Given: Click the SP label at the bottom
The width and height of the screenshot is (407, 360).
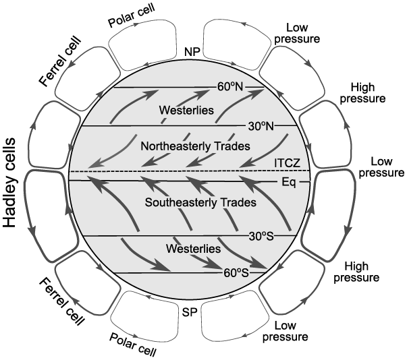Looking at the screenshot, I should point(190,313).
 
